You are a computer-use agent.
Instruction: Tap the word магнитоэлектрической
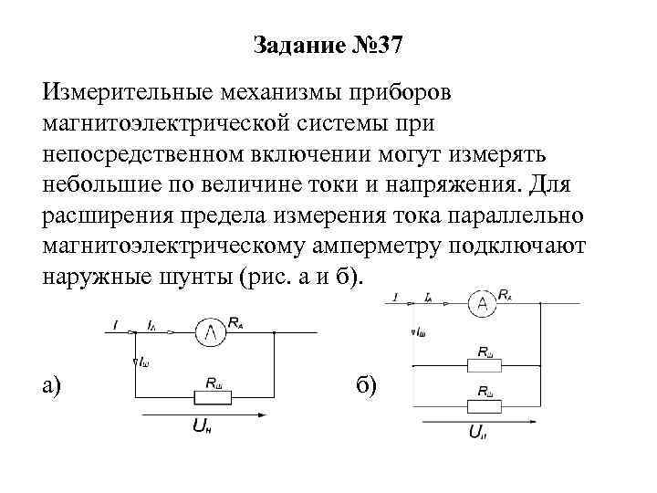pos(189,121)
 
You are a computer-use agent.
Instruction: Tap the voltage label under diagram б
pos(476,436)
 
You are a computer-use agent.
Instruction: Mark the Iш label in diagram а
pos(142,363)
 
